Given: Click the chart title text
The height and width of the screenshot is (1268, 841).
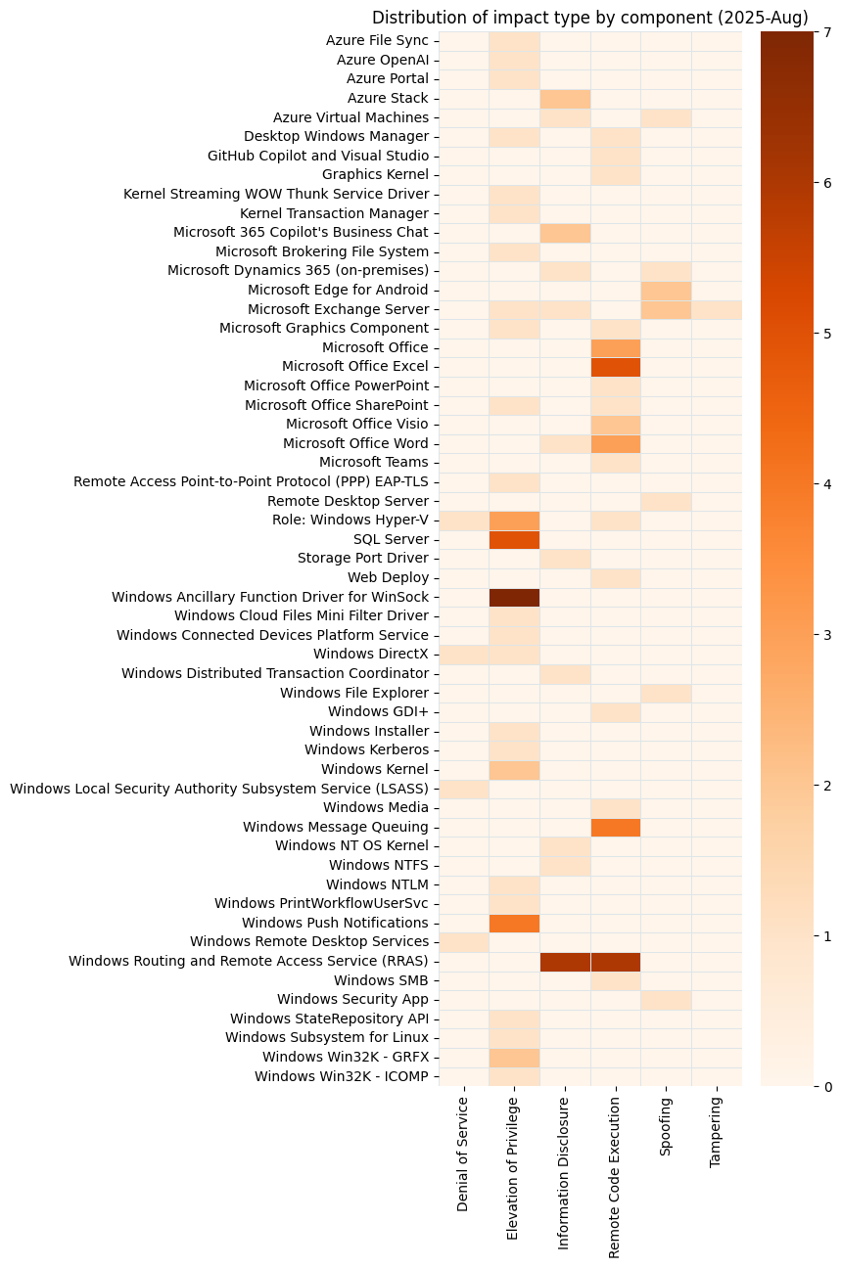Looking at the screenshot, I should pos(589,18).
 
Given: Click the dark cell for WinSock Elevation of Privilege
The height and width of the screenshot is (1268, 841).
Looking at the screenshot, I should pos(514,597).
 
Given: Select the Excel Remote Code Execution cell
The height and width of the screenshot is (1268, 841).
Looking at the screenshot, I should pos(616,367).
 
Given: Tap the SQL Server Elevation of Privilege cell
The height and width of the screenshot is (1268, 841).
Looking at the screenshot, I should pos(514,539).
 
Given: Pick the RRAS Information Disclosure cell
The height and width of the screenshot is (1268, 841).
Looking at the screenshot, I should pos(565,961).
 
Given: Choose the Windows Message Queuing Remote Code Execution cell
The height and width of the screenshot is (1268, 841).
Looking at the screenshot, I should pos(616,827).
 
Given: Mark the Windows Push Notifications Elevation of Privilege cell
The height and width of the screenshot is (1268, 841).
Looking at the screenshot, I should pos(514,923).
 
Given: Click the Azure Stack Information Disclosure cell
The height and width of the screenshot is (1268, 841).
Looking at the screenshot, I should pos(565,98).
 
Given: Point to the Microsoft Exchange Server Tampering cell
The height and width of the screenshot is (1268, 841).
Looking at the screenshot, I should pos(717,309).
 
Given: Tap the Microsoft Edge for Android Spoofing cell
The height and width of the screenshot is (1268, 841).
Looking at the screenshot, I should pos(666,290).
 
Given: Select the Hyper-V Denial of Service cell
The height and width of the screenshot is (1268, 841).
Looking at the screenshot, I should pos(463,521).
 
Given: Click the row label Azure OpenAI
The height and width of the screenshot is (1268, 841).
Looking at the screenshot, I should pos(382,60).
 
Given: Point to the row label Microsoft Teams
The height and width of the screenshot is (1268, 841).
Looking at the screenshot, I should pos(373,463).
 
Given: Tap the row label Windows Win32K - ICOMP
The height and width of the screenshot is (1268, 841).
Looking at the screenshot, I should pos(341,1076).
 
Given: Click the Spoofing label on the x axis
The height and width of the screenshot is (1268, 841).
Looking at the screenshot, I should pos(666,1127).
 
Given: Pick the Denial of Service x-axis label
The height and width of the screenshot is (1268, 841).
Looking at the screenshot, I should pos(463,1155).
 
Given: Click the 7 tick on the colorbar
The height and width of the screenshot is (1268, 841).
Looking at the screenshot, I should pos(827,32).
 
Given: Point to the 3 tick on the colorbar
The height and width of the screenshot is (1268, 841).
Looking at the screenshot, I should pos(827,635).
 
